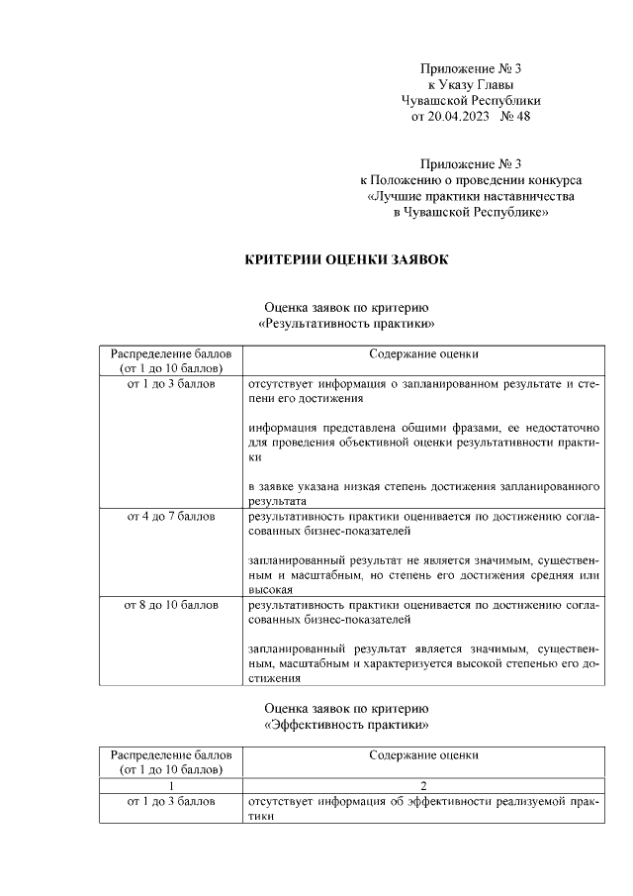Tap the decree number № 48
[516, 117]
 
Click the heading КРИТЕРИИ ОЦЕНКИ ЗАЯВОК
[346, 260]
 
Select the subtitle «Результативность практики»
[346, 324]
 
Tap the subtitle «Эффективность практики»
[346, 725]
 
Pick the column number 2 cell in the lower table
[423, 785]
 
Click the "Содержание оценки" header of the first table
[423, 353]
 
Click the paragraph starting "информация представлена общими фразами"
[423, 443]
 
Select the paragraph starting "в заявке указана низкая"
[423, 494]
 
